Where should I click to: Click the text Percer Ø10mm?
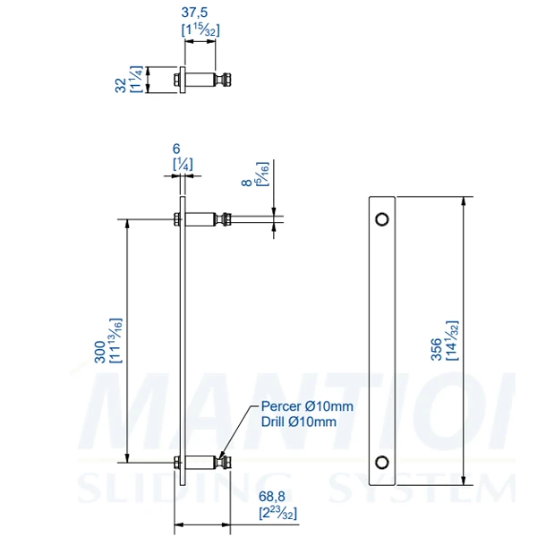pos(307,406)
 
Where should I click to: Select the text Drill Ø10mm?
pos(299,421)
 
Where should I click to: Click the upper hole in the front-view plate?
pos(382,218)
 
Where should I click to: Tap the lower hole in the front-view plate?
pos(382,462)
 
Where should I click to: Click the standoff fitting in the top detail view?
pos(203,81)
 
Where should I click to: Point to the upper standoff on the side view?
pos(206,218)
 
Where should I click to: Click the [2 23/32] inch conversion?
pos(277,514)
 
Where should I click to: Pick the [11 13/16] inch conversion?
pos(115,340)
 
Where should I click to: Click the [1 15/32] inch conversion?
pos(200,30)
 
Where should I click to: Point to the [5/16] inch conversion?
pos(262,172)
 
